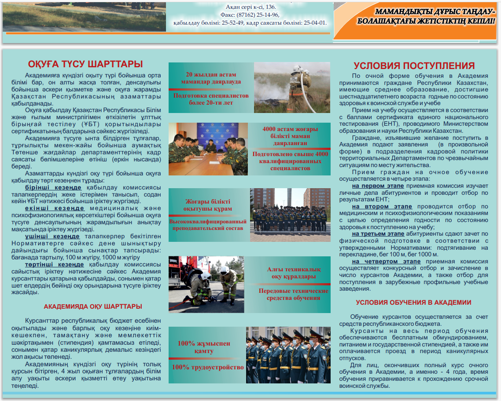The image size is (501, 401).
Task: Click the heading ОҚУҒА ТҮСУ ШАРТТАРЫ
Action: click(85, 64)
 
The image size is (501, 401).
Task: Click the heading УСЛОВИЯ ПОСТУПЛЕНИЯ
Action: click(414, 66)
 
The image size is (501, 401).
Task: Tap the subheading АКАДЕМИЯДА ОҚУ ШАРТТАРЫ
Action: click(93, 306)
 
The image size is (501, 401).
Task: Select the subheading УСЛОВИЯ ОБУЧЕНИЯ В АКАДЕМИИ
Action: click(413, 303)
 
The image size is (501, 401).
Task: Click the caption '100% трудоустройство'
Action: click(207, 367)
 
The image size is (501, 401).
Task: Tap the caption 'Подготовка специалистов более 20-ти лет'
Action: click(211, 99)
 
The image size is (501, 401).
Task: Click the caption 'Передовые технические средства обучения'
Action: click(293, 294)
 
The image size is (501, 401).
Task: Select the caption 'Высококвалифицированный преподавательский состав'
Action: click(208, 225)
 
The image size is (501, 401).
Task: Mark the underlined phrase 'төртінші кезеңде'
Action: click(54, 264)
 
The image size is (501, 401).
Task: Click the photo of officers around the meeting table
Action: click(210, 149)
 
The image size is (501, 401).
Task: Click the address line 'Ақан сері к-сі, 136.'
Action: click(250, 7)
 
